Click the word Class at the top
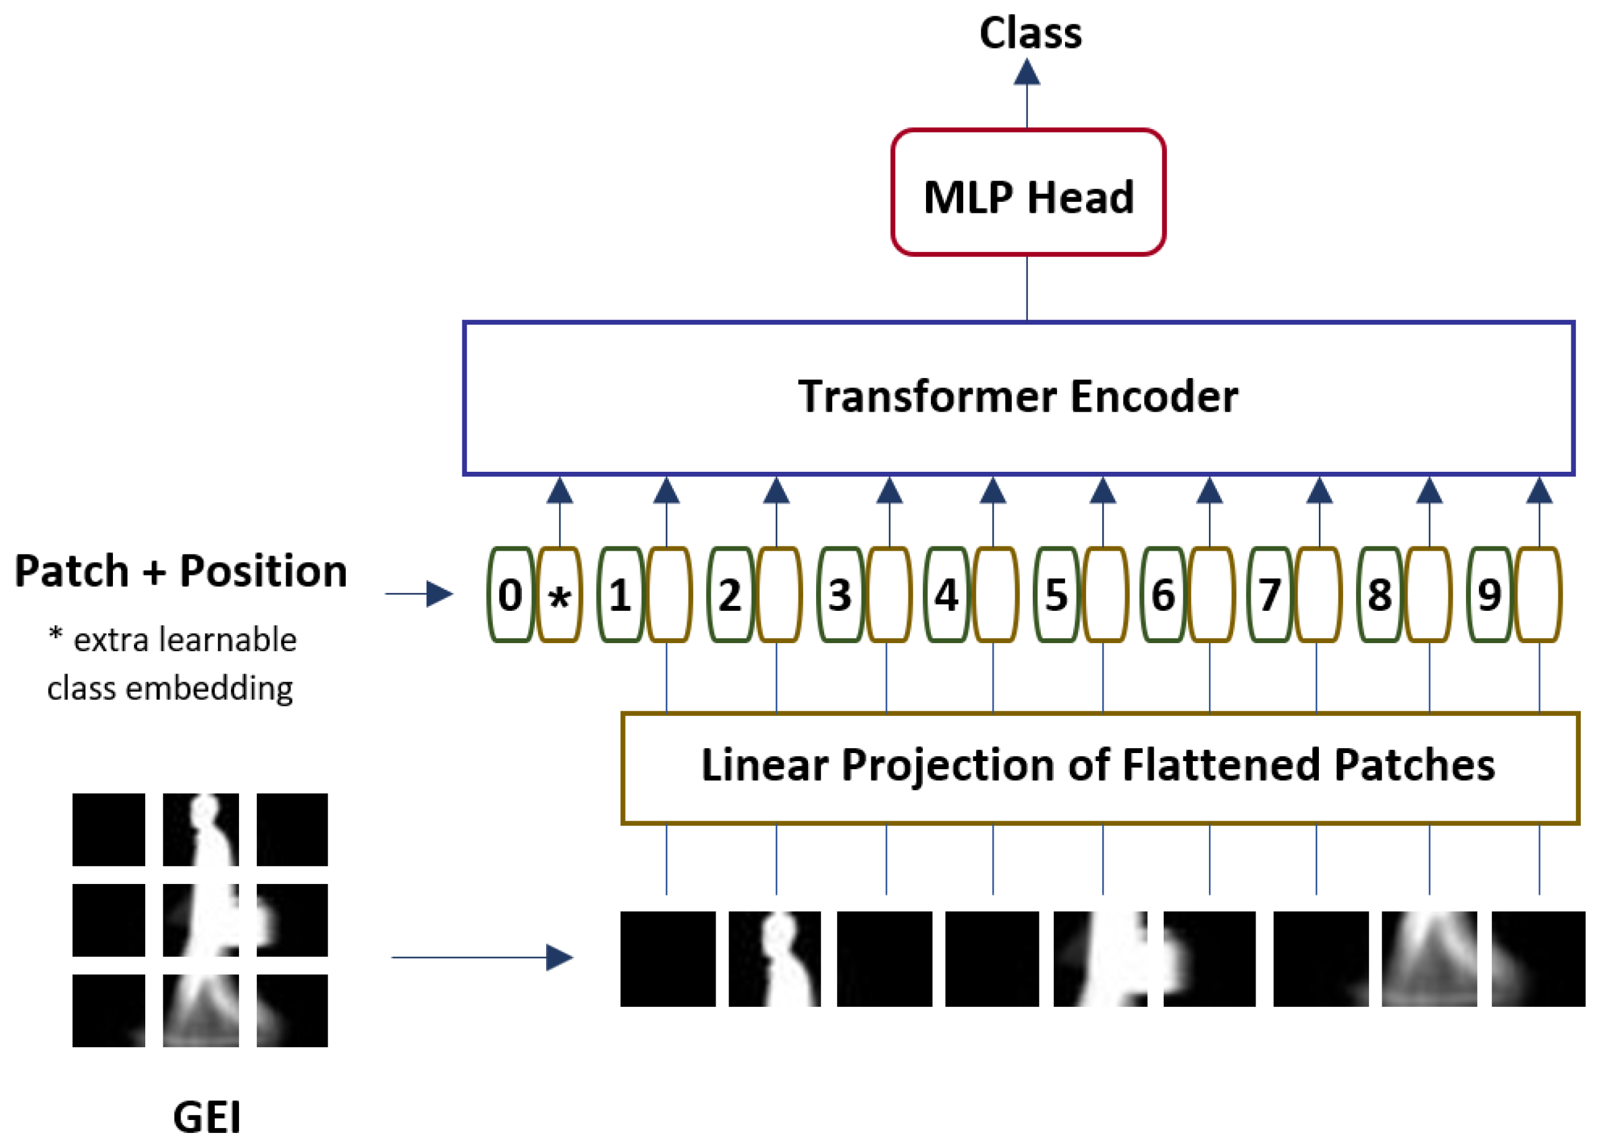click(x=1030, y=34)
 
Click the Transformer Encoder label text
click(x=1017, y=397)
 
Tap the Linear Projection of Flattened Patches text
click(x=1098, y=765)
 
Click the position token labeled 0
click(x=510, y=595)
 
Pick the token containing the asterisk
click(x=559, y=595)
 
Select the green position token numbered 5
click(x=1056, y=595)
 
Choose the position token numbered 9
click(x=1488, y=595)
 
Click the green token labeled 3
click(x=840, y=595)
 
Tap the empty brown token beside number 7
click(x=1318, y=595)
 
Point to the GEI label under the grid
click(x=206, y=1117)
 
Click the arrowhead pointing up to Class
click(x=1027, y=73)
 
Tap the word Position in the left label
click(x=263, y=571)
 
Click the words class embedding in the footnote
click(x=170, y=688)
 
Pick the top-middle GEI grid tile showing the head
click(x=200, y=830)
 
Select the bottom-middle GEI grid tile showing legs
click(x=200, y=1011)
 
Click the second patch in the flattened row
click(x=775, y=959)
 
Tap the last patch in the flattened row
click(x=1538, y=959)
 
